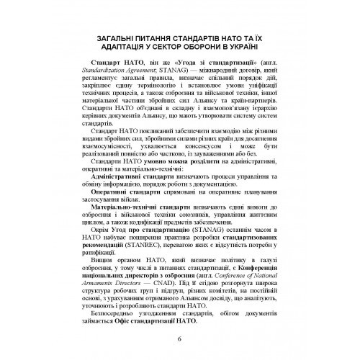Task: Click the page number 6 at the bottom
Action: click(179, 340)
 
